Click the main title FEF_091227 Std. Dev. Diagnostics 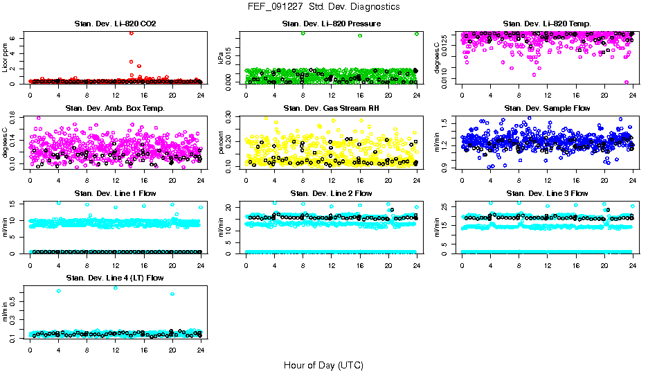[x=323, y=6]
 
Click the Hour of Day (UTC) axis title [x=323, y=364]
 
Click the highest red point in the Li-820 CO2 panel [x=131, y=33]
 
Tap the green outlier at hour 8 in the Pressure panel [x=303, y=33]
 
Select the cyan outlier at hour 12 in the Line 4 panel [x=115, y=287]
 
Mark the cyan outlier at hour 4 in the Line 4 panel [x=58, y=291]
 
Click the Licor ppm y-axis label [x=6, y=59]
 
